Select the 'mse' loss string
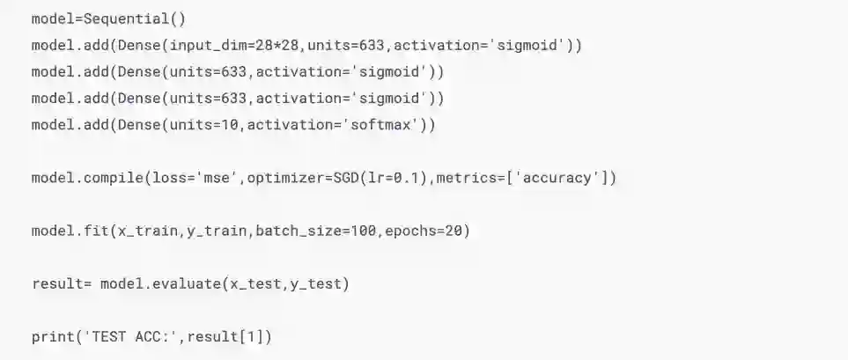tap(221, 178)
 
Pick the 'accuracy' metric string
tap(556, 178)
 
